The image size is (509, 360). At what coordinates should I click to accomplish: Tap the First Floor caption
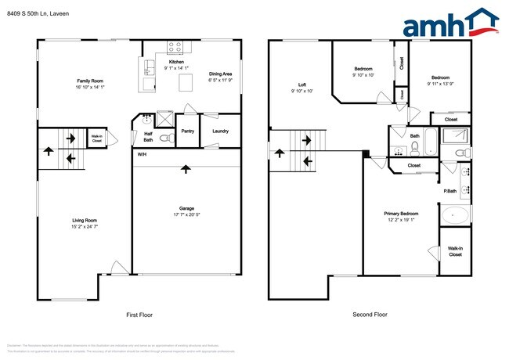pos(139,315)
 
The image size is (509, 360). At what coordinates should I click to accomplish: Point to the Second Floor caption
pos(370,315)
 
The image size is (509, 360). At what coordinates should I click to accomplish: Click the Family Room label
pos(90,81)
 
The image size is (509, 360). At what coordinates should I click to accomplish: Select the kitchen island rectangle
pos(186,83)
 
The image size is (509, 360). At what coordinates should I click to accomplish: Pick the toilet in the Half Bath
pos(164,139)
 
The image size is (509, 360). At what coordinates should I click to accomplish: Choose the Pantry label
pos(188,131)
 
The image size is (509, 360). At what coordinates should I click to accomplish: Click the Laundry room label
pos(220,131)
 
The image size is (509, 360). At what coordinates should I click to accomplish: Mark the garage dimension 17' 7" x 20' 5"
pos(186,215)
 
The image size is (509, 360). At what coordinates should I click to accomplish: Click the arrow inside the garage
pos(186,168)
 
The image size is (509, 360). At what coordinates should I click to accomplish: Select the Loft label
pos(301,85)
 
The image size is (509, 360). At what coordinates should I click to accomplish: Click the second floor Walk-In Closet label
pos(455,250)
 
